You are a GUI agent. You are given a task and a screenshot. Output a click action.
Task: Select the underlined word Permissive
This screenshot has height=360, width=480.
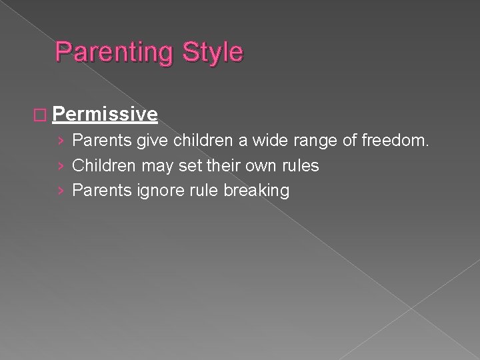click(105, 115)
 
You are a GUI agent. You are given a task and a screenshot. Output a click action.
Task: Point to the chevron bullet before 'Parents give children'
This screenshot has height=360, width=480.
click(61, 141)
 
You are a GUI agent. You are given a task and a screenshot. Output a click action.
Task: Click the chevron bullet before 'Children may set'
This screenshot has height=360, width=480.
click(61, 166)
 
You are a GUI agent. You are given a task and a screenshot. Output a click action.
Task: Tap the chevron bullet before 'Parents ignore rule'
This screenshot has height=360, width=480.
click(61, 191)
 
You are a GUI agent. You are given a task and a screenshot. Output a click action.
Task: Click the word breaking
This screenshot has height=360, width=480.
click(257, 191)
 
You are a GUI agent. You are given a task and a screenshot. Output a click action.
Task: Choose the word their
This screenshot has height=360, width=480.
click(221, 166)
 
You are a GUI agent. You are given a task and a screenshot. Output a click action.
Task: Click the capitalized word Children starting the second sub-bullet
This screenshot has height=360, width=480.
click(103, 166)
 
